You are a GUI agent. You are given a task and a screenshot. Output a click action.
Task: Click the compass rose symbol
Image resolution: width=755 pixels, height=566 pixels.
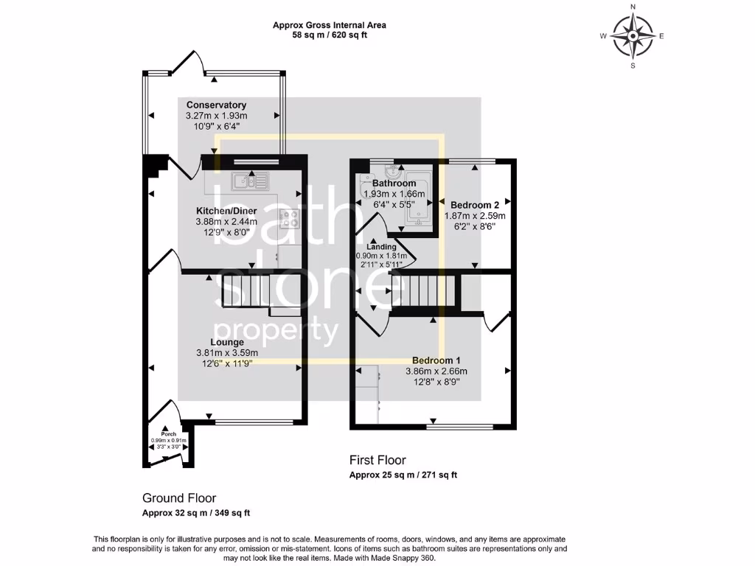click(633, 35)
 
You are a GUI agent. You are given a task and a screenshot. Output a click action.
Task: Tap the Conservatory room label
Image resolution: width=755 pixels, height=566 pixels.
click(216, 105)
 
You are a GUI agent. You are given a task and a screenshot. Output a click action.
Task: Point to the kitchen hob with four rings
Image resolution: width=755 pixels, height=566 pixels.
click(288, 218)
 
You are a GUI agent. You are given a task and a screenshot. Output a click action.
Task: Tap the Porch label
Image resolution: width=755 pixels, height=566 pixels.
click(170, 433)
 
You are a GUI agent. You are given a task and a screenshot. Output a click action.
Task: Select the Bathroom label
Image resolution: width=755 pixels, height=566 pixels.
click(394, 184)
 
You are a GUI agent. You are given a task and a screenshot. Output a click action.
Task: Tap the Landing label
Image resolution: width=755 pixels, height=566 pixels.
click(381, 247)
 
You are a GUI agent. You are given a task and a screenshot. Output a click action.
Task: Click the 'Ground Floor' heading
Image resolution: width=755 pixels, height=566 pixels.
click(179, 498)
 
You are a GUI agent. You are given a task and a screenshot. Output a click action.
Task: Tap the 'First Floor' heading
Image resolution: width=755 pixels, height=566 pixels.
click(377, 461)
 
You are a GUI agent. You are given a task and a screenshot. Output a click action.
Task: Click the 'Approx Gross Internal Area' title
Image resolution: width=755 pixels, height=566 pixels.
click(330, 25)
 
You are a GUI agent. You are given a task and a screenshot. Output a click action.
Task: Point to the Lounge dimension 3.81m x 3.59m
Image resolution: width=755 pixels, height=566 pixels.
click(227, 352)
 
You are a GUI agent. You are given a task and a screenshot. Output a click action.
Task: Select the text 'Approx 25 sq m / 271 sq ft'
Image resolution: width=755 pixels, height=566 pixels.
click(403, 475)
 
